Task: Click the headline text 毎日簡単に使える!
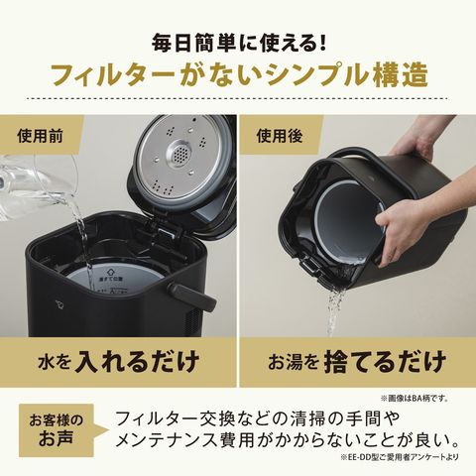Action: tap(238, 44)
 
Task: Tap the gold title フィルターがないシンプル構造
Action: tap(238, 78)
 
